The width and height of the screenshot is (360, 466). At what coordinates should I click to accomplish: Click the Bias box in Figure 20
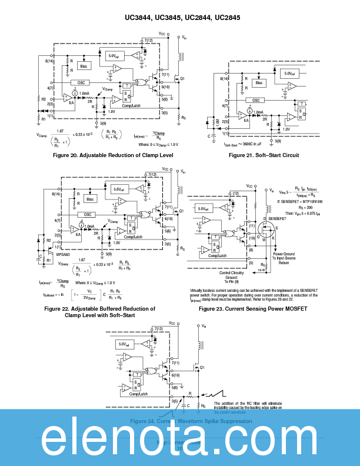85,66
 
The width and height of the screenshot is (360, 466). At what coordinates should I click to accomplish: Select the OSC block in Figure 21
256,100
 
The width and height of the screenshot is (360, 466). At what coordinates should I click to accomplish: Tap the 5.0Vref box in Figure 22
117,189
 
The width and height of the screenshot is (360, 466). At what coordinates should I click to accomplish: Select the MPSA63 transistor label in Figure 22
61,255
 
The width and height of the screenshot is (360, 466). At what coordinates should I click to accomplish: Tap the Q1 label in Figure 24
202,367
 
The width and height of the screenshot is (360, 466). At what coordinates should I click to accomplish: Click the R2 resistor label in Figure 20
44,99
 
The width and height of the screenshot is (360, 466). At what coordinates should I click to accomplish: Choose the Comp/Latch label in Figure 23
217,256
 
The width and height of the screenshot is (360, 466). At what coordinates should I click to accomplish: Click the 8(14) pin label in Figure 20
49,61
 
